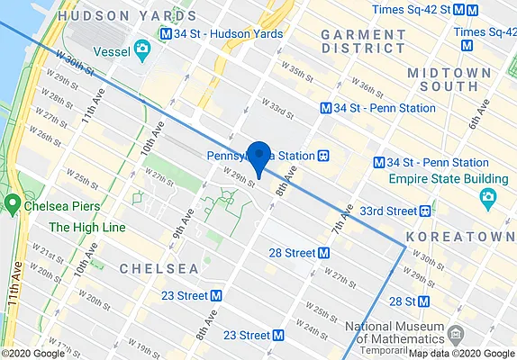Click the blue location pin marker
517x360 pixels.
(258, 157)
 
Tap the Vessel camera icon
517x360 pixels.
(141, 48)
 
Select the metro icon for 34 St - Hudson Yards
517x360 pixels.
(165, 33)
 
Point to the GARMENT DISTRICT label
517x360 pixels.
(363, 42)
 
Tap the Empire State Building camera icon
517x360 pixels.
(487, 196)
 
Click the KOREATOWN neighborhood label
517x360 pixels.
(459, 236)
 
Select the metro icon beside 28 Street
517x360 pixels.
(323, 253)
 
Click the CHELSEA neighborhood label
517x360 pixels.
(159, 269)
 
